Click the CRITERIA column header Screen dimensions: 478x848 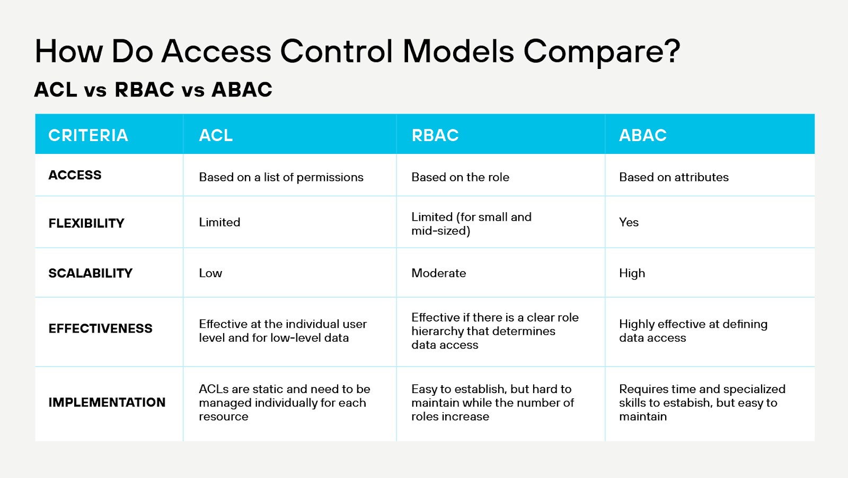pyautogui.click(x=88, y=135)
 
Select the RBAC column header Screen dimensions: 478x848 pyautogui.click(x=435, y=135)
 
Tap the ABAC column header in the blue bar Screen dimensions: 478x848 pyautogui.click(x=642, y=135)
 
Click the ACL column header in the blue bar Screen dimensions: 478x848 pyautogui.click(x=216, y=135)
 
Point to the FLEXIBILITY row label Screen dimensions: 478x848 pyautogui.click(x=86, y=223)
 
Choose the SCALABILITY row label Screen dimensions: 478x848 pyautogui.click(x=90, y=273)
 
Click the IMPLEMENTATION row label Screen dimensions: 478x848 pyautogui.click(x=107, y=403)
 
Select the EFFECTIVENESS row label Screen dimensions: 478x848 pyautogui.click(x=100, y=329)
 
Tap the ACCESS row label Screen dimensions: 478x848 pyautogui.click(x=75, y=175)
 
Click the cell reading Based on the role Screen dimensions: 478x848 pyautogui.click(x=460, y=177)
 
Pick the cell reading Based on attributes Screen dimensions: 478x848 pyautogui.click(x=674, y=177)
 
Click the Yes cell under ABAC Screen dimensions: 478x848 pyautogui.click(x=629, y=222)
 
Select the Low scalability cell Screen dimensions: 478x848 pyautogui.click(x=210, y=273)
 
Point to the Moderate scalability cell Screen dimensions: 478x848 pyautogui.click(x=438, y=273)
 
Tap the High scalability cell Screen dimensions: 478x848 pyautogui.click(x=632, y=273)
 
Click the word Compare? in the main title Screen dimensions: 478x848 pyautogui.click(x=602, y=52)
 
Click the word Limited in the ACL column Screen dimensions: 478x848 pyautogui.click(x=219, y=222)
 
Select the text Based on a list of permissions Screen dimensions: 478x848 pyautogui.click(x=281, y=177)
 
